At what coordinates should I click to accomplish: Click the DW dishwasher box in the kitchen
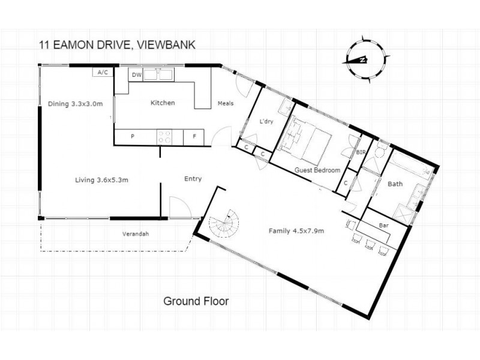[136, 75]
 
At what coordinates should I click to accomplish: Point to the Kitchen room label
[163, 103]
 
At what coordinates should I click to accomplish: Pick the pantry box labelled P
[133, 137]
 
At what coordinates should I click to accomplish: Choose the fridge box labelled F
[194, 137]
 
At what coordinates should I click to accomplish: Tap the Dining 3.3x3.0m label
[75, 103]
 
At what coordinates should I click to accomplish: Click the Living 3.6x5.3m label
[101, 179]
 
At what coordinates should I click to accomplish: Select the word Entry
[193, 179]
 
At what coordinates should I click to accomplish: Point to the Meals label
[225, 103]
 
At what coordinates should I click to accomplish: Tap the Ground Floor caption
[196, 301]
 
